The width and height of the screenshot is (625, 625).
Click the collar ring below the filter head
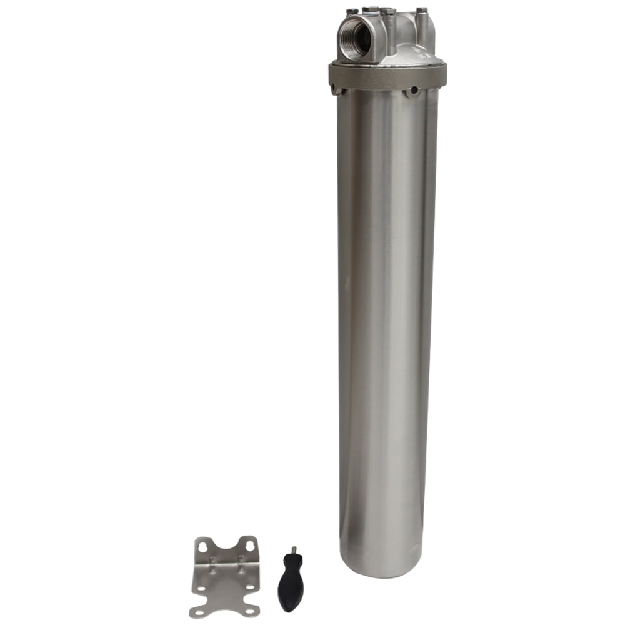[387, 76]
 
